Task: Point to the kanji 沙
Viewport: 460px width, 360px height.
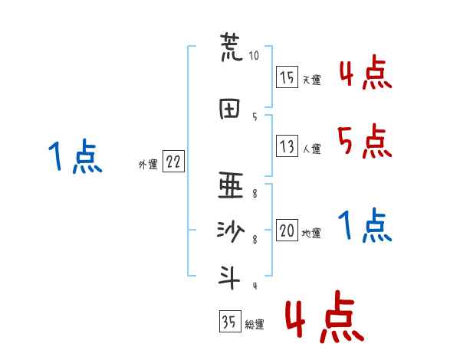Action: point(230,231)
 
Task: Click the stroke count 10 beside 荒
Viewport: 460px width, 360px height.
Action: point(255,56)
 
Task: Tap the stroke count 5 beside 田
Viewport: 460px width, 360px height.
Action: point(254,116)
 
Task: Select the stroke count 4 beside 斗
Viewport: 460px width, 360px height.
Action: point(254,286)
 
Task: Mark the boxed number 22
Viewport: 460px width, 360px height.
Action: point(173,162)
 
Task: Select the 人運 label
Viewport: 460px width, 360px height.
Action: point(311,149)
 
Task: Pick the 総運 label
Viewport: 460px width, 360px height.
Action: point(255,325)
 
